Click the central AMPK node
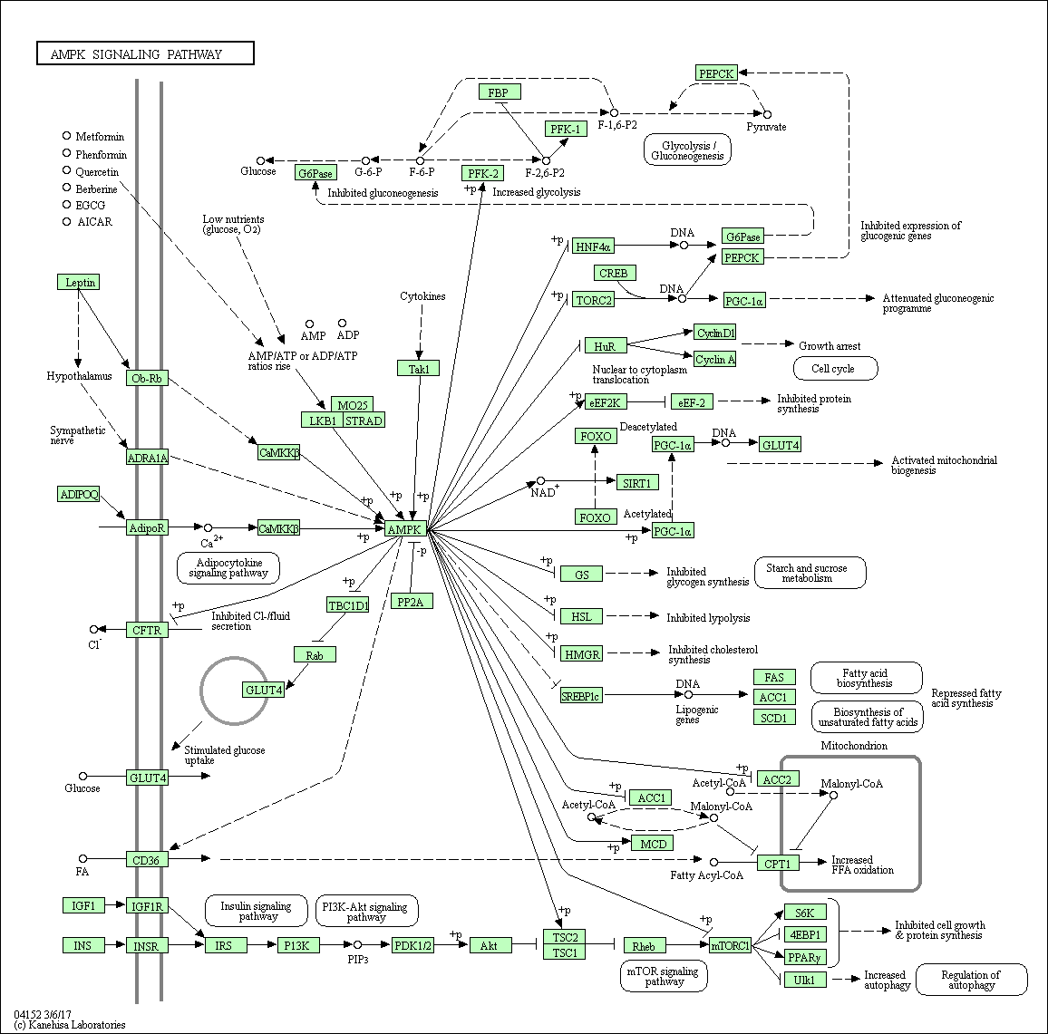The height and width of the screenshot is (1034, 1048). click(x=405, y=528)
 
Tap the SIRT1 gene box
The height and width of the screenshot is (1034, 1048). click(x=636, y=483)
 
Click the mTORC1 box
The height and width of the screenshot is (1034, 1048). click(x=731, y=946)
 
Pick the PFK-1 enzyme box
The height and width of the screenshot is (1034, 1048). click(x=568, y=129)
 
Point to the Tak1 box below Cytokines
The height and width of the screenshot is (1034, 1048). click(x=418, y=368)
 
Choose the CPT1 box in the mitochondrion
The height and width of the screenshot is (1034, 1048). click(x=777, y=864)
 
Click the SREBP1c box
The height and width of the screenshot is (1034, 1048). click(x=581, y=695)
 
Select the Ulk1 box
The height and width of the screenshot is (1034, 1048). click(x=805, y=980)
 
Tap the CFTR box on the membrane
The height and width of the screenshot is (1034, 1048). click(x=147, y=630)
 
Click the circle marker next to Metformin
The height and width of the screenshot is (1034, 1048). click(x=66, y=136)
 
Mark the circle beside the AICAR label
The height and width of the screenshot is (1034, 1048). click(x=66, y=220)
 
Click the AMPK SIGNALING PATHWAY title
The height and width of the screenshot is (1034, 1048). click(x=145, y=54)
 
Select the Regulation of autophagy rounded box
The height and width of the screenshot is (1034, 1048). click(x=971, y=981)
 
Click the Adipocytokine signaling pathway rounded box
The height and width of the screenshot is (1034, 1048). click(x=228, y=568)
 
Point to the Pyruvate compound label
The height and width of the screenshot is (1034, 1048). click(x=767, y=127)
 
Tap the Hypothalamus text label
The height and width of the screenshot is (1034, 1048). click(x=80, y=376)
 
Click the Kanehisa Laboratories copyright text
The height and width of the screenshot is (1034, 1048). click(x=70, y=1024)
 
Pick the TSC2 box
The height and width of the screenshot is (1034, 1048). click(x=566, y=937)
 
